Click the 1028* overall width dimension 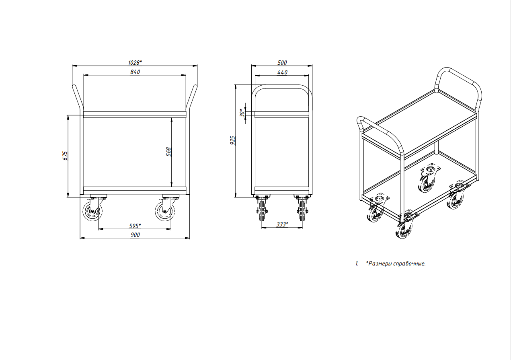[x=135, y=63]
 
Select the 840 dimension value [x=135, y=72]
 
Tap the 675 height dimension [x=65, y=156]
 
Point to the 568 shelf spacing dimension [x=168, y=152]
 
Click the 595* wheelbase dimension [x=135, y=226]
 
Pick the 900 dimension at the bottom [x=135, y=235]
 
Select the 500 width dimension [x=282, y=63]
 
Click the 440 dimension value [x=282, y=72]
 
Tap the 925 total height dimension [x=233, y=140]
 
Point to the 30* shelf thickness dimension [x=242, y=113]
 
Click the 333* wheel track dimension [x=282, y=224]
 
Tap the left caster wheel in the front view [x=92, y=211]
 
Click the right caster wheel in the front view [x=165, y=211]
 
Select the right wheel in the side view [x=302, y=211]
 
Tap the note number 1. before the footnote [x=357, y=264]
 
